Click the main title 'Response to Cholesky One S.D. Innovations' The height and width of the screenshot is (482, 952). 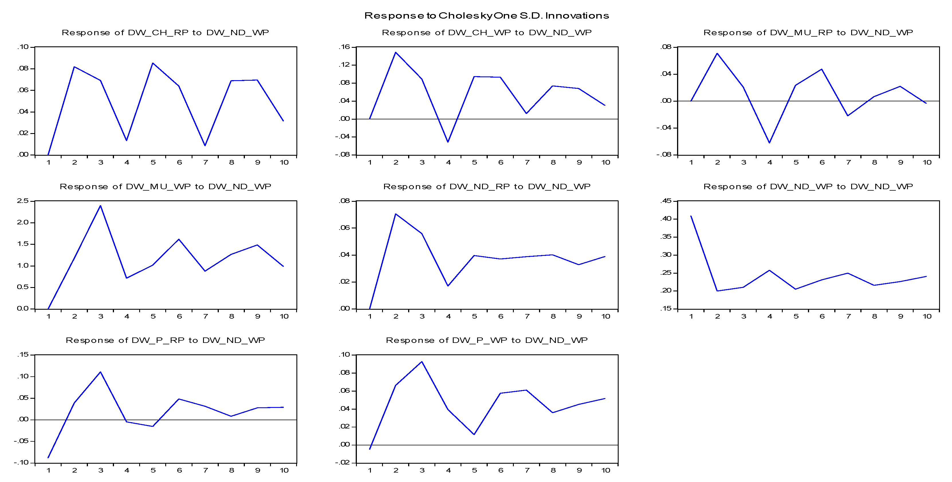tap(486, 15)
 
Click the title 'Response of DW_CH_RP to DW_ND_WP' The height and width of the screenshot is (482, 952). tap(165, 33)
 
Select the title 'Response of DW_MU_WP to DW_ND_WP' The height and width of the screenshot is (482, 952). tap(165, 187)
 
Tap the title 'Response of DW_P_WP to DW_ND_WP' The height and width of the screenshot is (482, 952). tap(486, 340)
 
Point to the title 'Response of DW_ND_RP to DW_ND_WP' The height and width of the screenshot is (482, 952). tap(486, 187)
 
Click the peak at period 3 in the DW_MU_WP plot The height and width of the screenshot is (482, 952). tap(101, 206)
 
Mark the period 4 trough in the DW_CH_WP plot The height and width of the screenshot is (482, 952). tap(448, 142)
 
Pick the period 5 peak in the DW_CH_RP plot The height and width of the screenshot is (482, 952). tap(153, 63)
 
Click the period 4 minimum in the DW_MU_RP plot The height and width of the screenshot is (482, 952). tap(770, 143)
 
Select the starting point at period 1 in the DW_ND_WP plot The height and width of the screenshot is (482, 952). tap(691, 216)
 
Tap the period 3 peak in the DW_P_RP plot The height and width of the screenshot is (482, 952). tap(101, 372)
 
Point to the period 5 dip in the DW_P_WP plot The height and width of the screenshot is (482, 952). tap(474, 434)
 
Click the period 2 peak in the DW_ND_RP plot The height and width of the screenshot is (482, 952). tap(396, 214)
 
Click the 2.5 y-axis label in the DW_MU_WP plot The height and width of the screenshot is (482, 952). tap(23, 201)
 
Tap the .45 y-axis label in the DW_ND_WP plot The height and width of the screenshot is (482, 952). tap(666, 201)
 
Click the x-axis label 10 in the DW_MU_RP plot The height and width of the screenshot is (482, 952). tap(927, 163)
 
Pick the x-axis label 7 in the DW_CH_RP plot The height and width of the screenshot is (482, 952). tap(205, 163)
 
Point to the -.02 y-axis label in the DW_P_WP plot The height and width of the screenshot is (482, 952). tap(343, 463)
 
